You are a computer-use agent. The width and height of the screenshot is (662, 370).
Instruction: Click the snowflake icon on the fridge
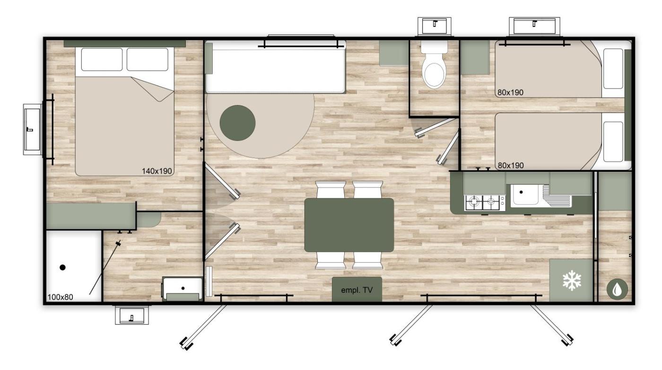coord(572,280)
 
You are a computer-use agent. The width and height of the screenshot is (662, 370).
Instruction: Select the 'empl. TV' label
coord(357,290)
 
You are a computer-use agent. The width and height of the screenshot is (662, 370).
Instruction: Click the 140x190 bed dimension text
coord(157,171)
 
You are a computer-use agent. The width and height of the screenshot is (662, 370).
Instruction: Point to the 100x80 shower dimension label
coord(61,297)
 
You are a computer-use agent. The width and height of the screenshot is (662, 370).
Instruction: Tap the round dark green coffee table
coord(237,123)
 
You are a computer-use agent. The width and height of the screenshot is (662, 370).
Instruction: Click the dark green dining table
coord(349,225)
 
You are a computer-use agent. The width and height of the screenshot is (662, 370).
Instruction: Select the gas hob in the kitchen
coord(484,203)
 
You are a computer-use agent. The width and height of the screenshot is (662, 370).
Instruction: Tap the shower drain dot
coord(62,267)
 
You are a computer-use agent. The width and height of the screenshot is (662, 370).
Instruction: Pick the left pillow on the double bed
coord(102,60)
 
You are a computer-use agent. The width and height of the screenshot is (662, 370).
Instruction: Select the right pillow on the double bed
coord(148,60)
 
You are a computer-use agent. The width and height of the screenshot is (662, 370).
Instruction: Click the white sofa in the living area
coord(276,67)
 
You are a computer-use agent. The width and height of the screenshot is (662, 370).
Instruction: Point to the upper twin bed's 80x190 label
coord(510,93)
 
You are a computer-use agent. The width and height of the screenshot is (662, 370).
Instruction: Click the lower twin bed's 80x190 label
coord(510,165)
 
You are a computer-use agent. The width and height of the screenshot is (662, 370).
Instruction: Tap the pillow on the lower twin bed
coord(613,141)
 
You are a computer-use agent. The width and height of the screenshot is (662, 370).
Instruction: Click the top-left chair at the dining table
coord(331,190)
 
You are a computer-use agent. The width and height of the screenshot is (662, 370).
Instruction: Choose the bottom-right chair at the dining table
coord(367,260)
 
